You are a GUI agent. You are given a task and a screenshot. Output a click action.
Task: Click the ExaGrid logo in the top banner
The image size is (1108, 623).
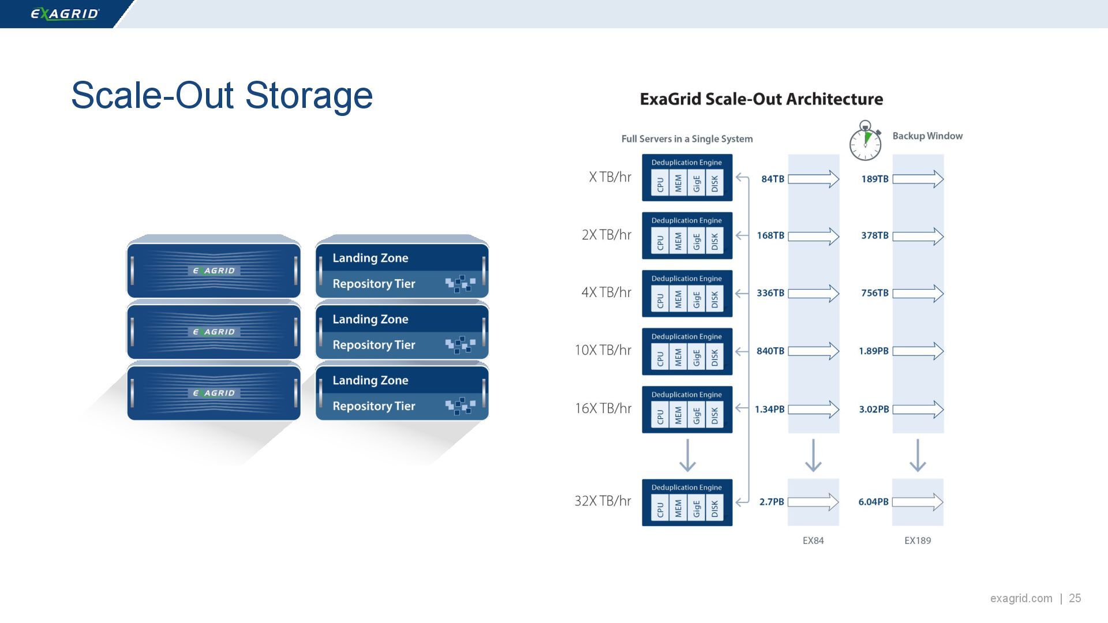click(x=65, y=14)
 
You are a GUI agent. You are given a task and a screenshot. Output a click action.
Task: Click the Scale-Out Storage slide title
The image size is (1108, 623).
click(x=222, y=95)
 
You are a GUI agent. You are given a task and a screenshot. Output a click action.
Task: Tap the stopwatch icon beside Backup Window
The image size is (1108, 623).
click(x=865, y=141)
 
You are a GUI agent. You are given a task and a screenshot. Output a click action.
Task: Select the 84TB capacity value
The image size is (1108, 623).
click(x=773, y=179)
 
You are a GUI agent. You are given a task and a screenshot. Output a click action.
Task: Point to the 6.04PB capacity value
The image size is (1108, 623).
click(x=873, y=502)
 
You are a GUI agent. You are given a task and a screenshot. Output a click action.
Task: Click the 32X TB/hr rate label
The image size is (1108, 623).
click(x=602, y=501)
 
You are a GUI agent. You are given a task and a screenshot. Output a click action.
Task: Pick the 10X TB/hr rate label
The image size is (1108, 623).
click(x=602, y=350)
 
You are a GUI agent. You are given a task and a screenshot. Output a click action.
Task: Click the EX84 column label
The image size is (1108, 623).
click(x=813, y=541)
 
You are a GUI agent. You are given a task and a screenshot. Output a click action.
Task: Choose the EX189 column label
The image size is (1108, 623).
click(x=918, y=541)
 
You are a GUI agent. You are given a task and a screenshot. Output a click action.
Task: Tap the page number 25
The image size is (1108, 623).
click(x=1075, y=598)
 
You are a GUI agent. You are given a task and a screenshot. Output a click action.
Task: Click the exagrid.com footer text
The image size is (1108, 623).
click(x=1021, y=598)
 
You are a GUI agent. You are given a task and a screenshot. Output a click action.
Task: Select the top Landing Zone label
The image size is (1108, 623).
click(x=370, y=258)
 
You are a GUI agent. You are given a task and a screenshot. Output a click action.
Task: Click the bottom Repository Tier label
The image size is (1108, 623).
click(x=374, y=406)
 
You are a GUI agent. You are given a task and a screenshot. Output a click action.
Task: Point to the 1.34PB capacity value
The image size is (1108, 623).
click(x=770, y=409)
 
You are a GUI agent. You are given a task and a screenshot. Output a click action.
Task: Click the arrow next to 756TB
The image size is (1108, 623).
click(x=918, y=294)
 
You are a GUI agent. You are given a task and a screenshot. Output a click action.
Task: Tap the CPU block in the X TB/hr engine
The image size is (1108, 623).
click(x=660, y=184)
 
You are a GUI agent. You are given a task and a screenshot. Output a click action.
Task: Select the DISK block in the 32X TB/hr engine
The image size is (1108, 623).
click(x=714, y=508)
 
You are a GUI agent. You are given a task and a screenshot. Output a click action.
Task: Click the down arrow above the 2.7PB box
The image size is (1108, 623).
click(x=813, y=455)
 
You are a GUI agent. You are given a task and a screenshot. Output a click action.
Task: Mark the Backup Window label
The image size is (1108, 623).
click(x=927, y=136)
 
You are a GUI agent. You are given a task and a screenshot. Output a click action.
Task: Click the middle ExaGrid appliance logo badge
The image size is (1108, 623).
click(x=214, y=332)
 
